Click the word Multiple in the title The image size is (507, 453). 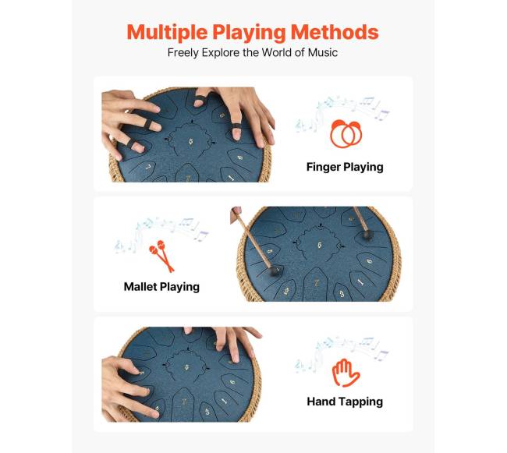pos(167,33)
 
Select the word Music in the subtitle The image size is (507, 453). pos(323,52)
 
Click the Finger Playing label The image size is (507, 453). pos(345,167)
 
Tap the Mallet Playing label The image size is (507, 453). pos(161,287)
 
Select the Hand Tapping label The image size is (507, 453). pos(345,402)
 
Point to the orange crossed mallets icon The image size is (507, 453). pos(161,255)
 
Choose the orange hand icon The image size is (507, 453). pos(346,373)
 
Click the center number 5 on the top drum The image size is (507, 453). pos(191,141)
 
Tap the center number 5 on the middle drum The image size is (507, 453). pos(320,246)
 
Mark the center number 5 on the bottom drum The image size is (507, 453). pos(187,367)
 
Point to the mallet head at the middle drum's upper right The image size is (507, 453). pos(366,234)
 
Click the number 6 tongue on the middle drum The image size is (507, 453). pos(370,260)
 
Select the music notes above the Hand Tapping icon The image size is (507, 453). pos(342,352)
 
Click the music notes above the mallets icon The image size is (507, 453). pos(161,233)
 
